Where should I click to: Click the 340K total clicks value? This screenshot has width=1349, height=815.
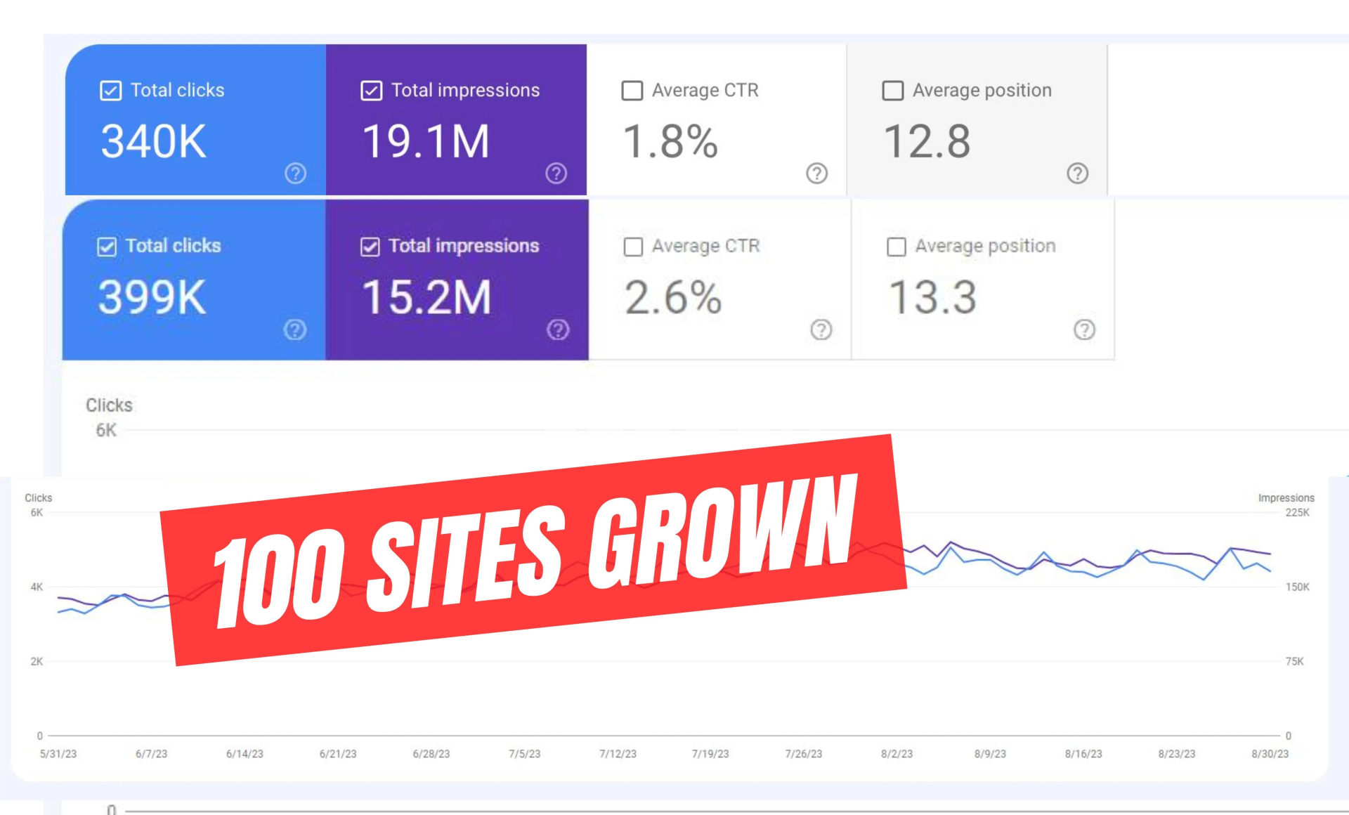(x=154, y=141)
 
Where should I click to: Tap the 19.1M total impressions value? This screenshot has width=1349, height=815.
(x=426, y=141)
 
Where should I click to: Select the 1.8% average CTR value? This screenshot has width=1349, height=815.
(x=670, y=141)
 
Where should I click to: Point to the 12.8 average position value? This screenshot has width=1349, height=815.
(x=927, y=141)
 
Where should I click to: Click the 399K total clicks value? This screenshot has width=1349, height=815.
(x=152, y=297)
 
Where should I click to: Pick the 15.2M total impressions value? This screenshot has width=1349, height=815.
(x=426, y=297)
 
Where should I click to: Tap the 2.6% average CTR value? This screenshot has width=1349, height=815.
(x=673, y=297)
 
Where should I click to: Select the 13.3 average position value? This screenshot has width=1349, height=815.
(x=932, y=297)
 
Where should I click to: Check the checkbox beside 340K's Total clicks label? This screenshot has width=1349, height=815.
(x=111, y=91)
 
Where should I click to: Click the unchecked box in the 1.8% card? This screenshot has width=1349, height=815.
(x=632, y=91)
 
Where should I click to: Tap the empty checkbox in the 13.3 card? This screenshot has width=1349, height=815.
(x=897, y=247)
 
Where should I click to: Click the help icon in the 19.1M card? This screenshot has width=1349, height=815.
(x=556, y=173)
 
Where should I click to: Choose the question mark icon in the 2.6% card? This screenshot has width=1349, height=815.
(x=821, y=330)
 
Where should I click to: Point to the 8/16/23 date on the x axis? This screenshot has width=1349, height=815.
(x=1083, y=754)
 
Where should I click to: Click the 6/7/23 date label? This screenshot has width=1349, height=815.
(x=152, y=754)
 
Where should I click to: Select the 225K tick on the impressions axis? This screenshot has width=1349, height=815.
(x=1297, y=513)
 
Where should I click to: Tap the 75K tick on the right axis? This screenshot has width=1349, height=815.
(x=1294, y=661)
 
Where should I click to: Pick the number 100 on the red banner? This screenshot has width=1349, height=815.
(x=280, y=580)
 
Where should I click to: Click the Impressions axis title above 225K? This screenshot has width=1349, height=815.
(x=1286, y=498)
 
